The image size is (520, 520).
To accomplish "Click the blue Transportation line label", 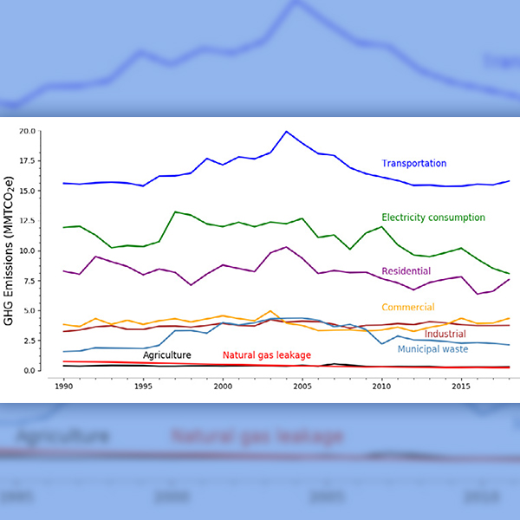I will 413,163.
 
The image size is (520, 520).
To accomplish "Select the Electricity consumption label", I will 432,217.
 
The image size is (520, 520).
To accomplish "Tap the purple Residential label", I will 406,271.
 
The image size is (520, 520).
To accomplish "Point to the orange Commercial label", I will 407,308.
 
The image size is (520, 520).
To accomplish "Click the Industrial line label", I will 445,335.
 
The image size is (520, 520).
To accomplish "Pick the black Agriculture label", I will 166,355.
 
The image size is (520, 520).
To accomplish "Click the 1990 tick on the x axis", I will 63,383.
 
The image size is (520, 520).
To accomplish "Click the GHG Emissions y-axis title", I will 10,250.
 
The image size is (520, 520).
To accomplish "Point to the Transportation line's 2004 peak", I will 287,131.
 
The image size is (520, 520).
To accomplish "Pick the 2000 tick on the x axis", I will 223,383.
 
